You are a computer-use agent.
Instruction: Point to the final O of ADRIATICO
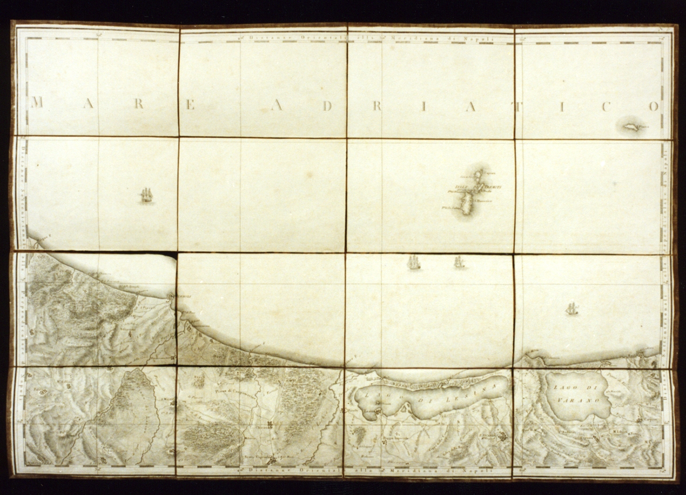click(x=653, y=106)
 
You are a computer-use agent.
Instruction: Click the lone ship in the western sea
click(x=147, y=196)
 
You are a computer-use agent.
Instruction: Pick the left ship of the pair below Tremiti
click(x=413, y=262)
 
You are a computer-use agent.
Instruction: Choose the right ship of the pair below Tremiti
click(x=459, y=262)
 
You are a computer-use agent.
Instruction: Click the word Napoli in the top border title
click(x=484, y=37)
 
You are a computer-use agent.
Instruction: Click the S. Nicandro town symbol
click(x=502, y=437)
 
